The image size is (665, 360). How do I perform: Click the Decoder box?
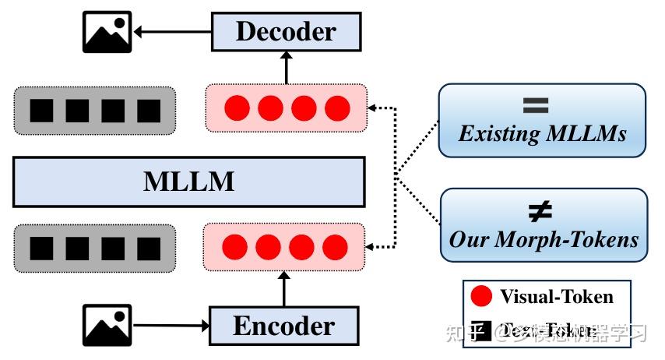[285, 32]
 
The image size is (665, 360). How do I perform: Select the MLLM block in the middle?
[188, 182]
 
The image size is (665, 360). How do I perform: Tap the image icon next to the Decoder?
[107, 32]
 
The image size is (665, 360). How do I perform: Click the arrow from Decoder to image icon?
[173, 32]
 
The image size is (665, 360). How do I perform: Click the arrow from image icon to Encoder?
[170, 326]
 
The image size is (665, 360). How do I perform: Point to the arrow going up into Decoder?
[285, 69]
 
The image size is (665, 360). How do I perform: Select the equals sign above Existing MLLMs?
[542, 106]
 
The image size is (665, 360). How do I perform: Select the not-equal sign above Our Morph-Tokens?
[542, 210]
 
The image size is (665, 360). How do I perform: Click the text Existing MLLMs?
[542, 134]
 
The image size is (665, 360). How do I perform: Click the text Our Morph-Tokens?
[543, 238]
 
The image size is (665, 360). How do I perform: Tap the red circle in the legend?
[482, 296]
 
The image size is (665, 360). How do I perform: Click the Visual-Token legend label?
[557, 296]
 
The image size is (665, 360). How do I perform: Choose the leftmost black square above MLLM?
[42, 111]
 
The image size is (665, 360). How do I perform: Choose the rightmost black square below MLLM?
[148, 248]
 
